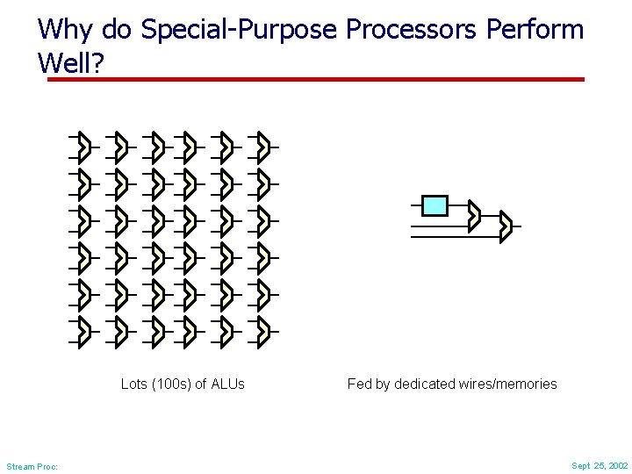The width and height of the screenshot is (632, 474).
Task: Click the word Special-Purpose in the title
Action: pyautogui.click(x=239, y=30)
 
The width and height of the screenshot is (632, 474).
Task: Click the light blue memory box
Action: pyautogui.click(x=434, y=205)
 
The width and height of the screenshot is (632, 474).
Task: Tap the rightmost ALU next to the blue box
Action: pyautogui.click(x=505, y=226)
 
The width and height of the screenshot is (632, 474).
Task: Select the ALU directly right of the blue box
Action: pyautogui.click(x=474, y=215)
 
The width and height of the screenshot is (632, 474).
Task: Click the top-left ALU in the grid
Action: pyautogui.click(x=83, y=147)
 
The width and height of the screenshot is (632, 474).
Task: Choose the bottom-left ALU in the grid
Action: pyautogui.click(x=83, y=330)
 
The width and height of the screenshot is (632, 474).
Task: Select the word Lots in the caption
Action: pyautogui.click(x=133, y=384)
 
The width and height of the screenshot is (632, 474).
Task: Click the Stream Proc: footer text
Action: pyautogui.click(x=32, y=466)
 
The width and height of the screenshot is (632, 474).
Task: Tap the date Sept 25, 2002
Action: pyautogui.click(x=600, y=465)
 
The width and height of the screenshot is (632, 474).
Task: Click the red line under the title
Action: pyautogui.click(x=316, y=79)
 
